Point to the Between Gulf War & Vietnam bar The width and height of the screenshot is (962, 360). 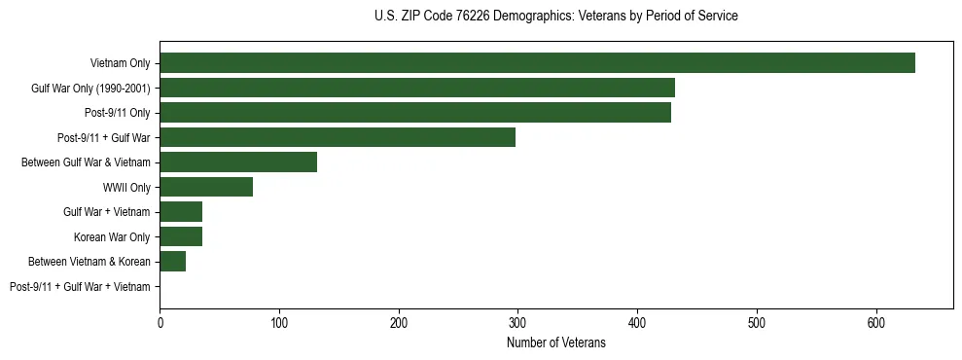[x=238, y=162]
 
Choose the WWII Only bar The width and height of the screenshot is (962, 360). [x=206, y=187]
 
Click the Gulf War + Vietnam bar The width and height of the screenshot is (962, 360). [x=181, y=212]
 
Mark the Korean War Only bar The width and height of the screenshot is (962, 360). [x=181, y=236]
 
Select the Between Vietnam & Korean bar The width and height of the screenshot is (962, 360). [x=173, y=262]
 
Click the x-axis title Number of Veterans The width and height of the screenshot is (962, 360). [x=555, y=343]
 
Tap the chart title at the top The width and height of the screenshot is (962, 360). [x=555, y=17]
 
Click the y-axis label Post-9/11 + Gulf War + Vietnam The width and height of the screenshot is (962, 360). [x=80, y=287]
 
